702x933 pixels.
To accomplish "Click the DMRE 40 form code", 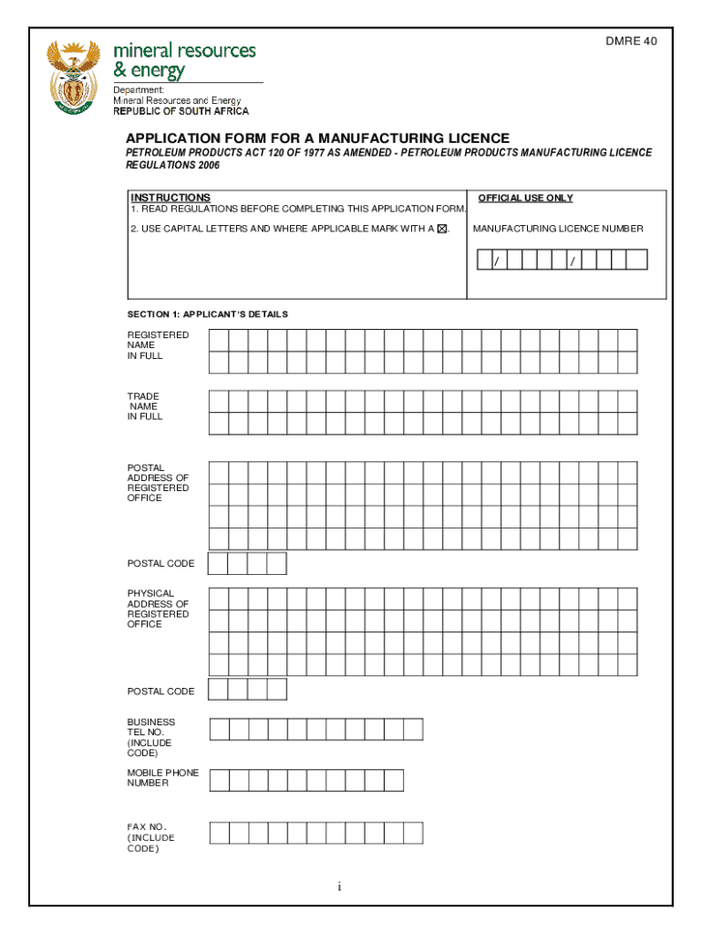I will [632, 42].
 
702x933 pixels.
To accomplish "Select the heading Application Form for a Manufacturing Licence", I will [317, 138].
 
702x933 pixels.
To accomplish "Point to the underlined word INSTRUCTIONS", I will [170, 198].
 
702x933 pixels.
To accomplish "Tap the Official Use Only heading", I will [525, 198].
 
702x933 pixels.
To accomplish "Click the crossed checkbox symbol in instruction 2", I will [442, 229].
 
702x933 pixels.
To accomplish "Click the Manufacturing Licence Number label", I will [557, 229].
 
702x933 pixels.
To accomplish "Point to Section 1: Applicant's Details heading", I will [207, 314].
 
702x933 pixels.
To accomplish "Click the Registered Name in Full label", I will [158, 345].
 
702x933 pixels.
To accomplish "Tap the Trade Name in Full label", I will [145, 406].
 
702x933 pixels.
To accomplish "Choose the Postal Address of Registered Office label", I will [158, 483].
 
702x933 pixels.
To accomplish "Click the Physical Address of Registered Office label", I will [158, 609].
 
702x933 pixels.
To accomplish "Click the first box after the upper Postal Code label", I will [218, 564].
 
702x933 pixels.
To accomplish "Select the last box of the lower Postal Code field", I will [276, 690].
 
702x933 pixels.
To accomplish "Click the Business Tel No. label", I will [150, 737].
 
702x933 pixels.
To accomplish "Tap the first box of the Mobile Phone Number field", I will [219, 780].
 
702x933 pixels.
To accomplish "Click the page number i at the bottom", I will [339, 887].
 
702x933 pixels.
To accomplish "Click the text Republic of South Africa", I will [181, 111].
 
